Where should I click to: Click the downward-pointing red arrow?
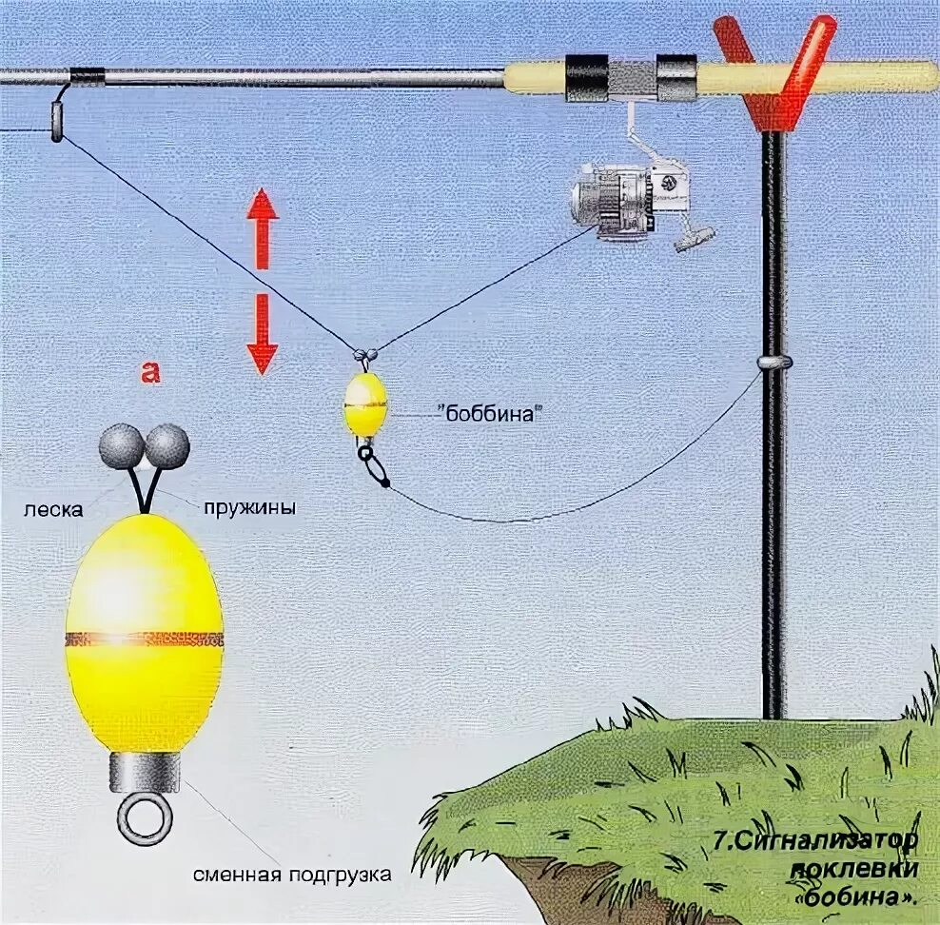click(x=262, y=333)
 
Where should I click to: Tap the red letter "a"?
click(x=150, y=372)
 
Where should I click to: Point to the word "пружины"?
click(x=249, y=508)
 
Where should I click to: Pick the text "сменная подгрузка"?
click(x=291, y=875)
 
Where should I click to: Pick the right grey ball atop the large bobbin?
click(x=167, y=443)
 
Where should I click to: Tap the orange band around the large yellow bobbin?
click(x=144, y=639)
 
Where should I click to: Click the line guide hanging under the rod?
click(x=57, y=120)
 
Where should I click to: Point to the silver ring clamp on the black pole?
click(x=774, y=363)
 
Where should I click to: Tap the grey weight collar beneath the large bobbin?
click(x=145, y=773)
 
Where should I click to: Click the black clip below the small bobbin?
click(x=372, y=466)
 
